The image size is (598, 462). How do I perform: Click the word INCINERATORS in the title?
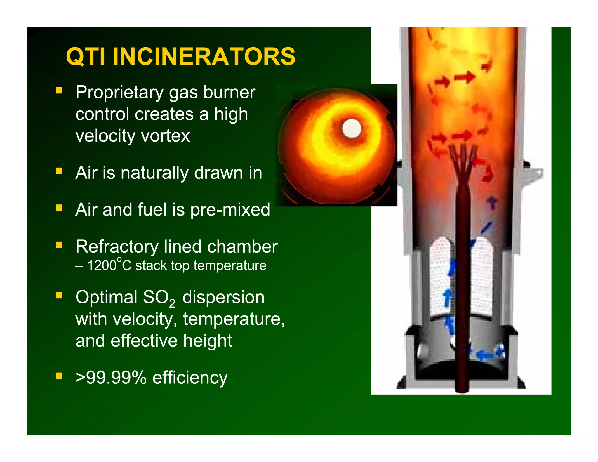click(x=204, y=56)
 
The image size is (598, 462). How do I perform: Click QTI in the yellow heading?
click(x=86, y=56)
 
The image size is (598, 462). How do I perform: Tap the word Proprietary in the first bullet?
click(x=119, y=93)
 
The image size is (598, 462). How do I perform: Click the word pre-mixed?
click(x=230, y=210)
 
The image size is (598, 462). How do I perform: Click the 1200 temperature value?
click(x=102, y=266)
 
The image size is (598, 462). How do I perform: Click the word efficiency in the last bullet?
click(x=190, y=378)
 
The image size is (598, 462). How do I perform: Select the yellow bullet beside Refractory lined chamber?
click(x=59, y=245)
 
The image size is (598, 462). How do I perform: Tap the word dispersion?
click(x=223, y=297)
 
